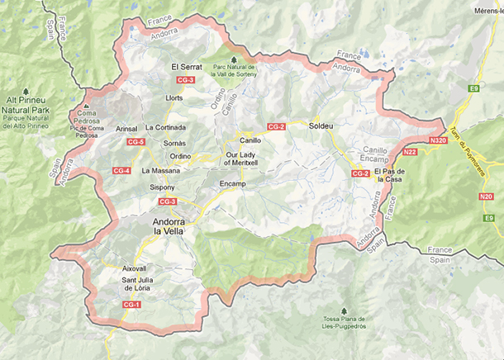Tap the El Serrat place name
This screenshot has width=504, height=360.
185,66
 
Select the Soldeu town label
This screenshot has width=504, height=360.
320,126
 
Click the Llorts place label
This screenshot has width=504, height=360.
174,97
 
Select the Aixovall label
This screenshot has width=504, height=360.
134,269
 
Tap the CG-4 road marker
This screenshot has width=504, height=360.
121,171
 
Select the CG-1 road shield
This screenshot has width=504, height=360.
131,305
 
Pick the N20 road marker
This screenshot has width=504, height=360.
486,197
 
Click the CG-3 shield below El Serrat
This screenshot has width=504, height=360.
186,79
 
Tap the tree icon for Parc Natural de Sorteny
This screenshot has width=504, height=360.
235,59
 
